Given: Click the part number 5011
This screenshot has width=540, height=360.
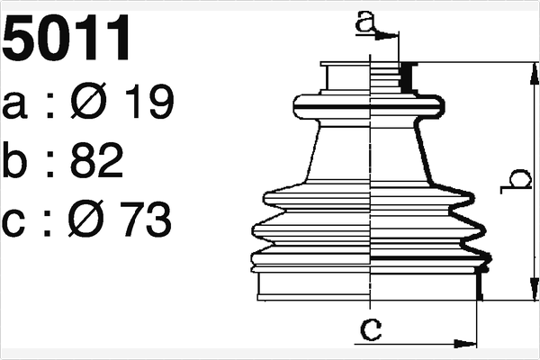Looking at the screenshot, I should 67,40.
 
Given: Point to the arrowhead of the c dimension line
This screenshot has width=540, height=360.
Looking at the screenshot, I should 467,343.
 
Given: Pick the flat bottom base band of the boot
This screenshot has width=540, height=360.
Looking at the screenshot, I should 369,286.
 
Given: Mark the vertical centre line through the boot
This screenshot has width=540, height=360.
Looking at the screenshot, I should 372,180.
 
